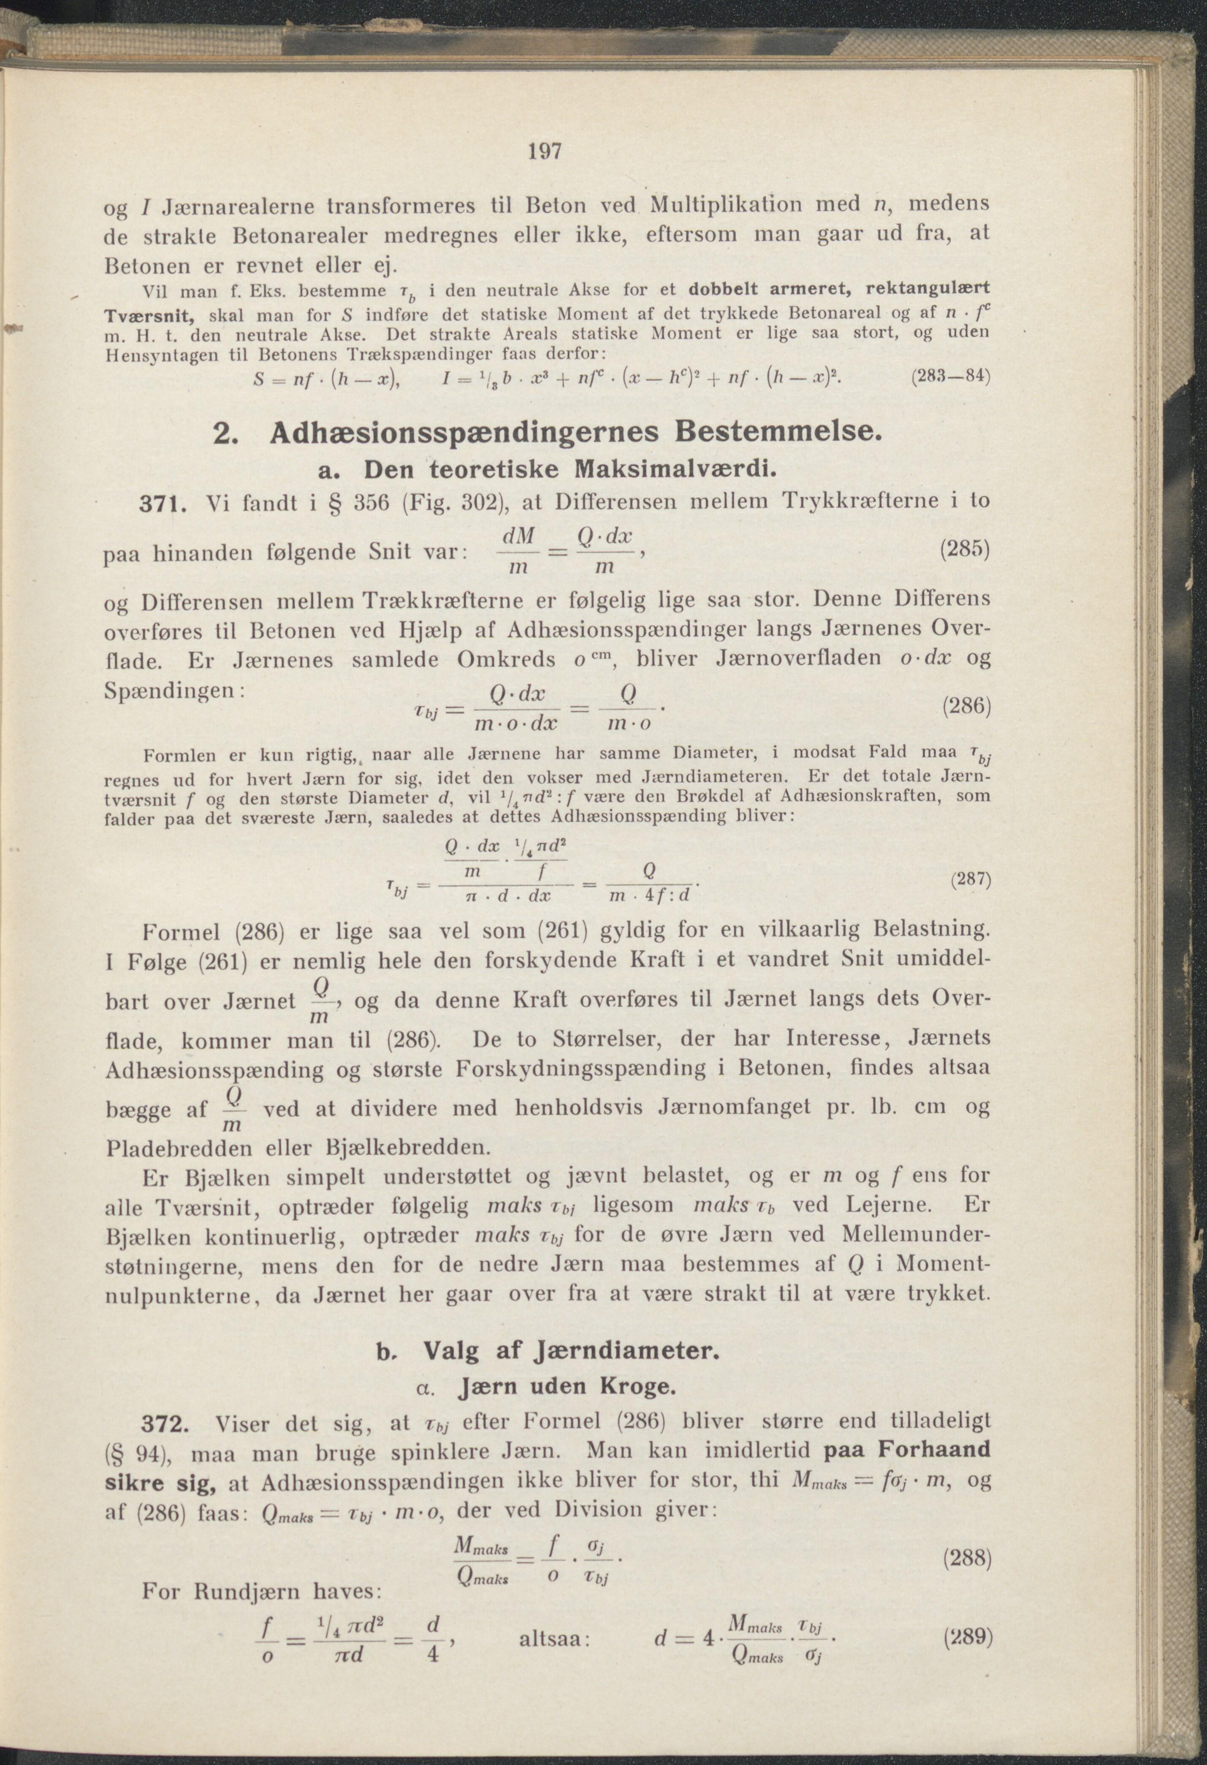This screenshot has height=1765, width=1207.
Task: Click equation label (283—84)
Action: (x=949, y=376)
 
